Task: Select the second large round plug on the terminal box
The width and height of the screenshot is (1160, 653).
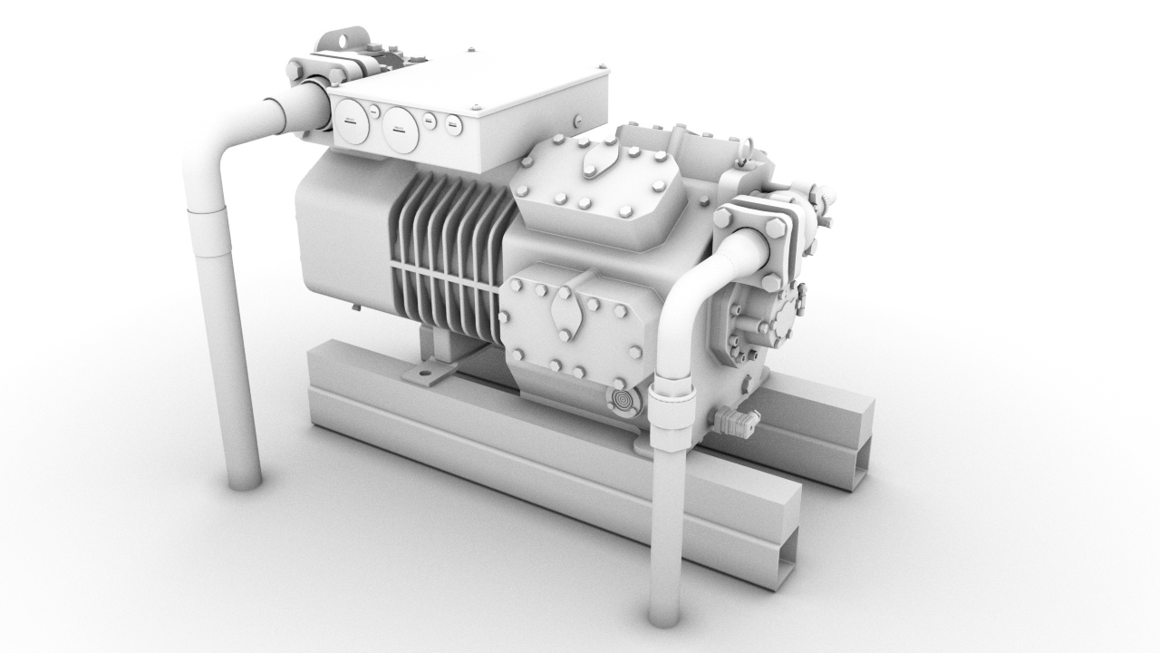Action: (x=399, y=128)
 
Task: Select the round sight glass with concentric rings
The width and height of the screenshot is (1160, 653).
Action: (x=622, y=400)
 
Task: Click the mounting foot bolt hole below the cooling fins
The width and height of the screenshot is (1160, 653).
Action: (x=423, y=373)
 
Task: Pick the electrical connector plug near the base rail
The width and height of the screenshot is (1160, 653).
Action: (x=736, y=422)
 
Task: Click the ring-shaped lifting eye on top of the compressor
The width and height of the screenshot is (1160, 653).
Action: (x=748, y=145)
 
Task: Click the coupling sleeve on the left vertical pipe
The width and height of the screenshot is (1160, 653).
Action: (x=208, y=232)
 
